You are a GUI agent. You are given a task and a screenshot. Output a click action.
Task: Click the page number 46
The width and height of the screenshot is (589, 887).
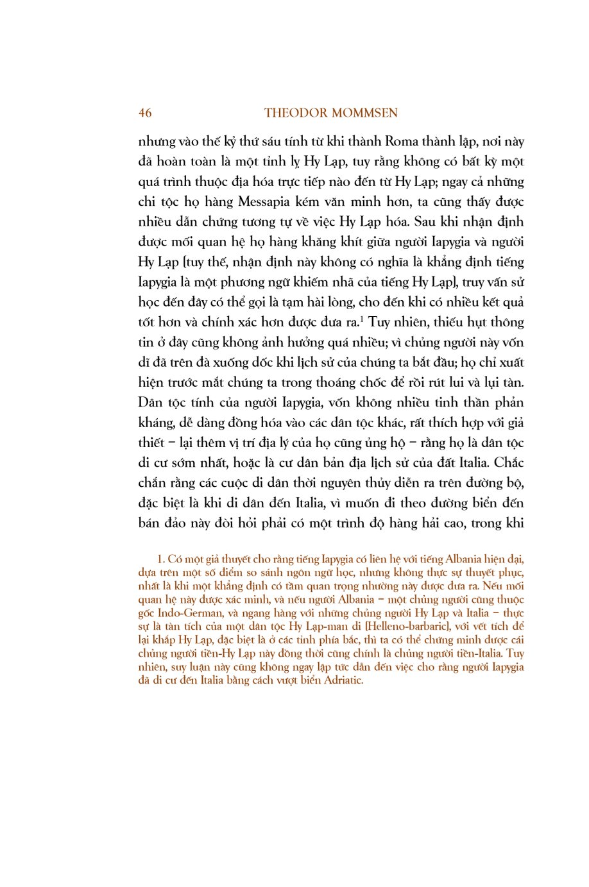pyautogui.click(x=145, y=113)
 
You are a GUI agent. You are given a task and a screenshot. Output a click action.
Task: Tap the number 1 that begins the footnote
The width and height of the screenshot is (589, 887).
pyautogui.click(x=160, y=559)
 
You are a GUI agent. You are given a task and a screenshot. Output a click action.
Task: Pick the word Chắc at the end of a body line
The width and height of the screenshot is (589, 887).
pyautogui.click(x=509, y=462)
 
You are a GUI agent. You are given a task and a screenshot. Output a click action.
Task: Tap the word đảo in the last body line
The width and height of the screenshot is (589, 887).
pyautogui.click(x=175, y=523)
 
